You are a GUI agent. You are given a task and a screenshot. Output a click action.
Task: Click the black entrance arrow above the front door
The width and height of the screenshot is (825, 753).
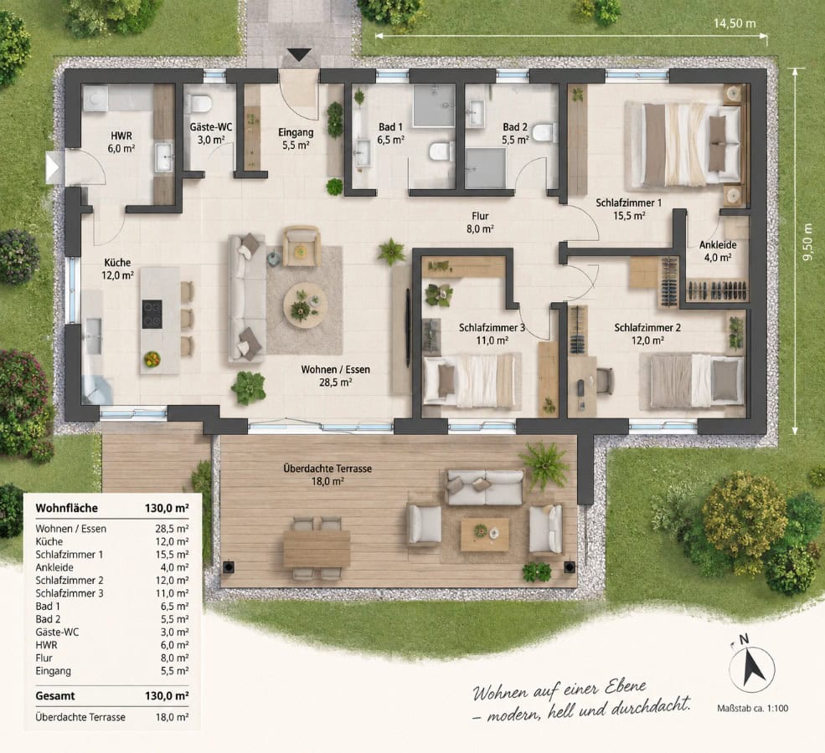[299, 54]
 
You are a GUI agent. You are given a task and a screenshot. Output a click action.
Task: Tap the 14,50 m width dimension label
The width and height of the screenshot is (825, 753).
[735, 23]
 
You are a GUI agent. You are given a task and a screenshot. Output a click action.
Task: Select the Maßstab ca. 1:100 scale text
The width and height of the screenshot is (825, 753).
[752, 709]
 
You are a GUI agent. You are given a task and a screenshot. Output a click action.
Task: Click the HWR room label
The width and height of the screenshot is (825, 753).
[121, 136]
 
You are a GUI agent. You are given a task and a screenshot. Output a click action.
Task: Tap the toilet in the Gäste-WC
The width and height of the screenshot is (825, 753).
[199, 103]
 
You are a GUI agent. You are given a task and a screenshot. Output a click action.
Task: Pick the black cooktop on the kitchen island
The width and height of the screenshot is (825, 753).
[152, 314]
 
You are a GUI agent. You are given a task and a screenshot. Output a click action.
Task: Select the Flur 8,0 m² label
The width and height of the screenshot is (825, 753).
[480, 223]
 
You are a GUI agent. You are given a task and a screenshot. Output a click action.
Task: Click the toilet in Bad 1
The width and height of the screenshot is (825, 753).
[441, 151]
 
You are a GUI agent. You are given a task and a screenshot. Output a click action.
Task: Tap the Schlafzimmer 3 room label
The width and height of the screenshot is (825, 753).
[492, 328]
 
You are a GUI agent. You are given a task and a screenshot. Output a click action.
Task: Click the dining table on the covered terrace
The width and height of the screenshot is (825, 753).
[317, 548]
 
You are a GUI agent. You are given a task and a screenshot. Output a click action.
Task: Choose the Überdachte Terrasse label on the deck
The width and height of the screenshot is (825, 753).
[327, 469]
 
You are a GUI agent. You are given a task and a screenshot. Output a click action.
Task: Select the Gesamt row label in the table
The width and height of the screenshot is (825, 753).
[55, 696]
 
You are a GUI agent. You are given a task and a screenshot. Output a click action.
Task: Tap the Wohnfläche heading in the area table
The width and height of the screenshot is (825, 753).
[66, 508]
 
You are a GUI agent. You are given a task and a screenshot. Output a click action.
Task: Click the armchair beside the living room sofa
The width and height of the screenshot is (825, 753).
[302, 246]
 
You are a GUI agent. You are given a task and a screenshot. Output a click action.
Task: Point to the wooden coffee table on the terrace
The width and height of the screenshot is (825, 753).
[485, 535]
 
